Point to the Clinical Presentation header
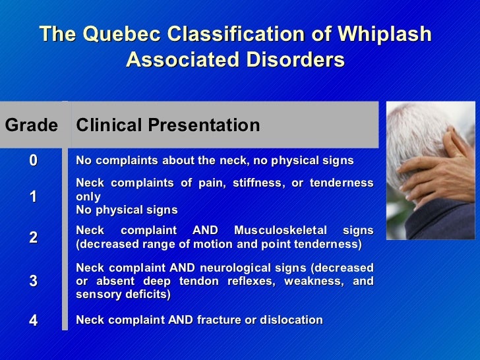[168, 125]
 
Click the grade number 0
[33, 161]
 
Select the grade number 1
[33, 196]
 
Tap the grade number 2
[33, 237]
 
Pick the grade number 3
[33, 281]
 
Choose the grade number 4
[33, 320]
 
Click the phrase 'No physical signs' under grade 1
[127, 210]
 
